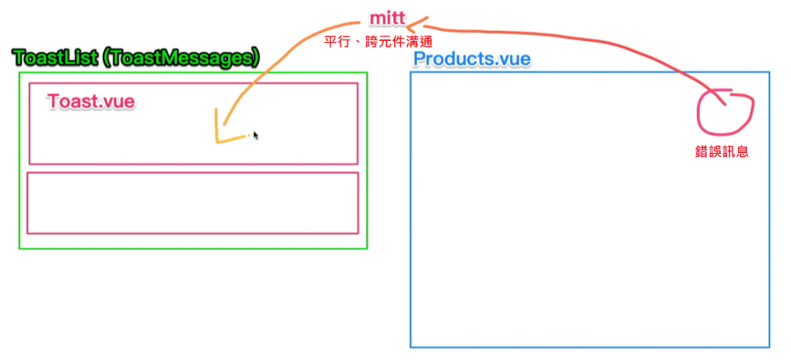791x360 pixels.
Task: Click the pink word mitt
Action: tap(388, 18)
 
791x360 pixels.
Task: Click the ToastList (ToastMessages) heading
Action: tap(136, 57)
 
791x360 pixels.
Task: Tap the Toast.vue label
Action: tap(91, 101)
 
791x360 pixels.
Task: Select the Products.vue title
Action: tap(472, 59)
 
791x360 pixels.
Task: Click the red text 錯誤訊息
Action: tap(722, 151)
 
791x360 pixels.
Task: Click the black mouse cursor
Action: tap(256, 135)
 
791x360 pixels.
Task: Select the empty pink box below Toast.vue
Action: tap(193, 202)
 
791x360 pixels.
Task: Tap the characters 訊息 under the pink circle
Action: tap(735, 151)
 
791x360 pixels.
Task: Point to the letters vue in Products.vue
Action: tap(515, 59)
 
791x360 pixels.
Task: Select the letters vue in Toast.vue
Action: tap(120, 101)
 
